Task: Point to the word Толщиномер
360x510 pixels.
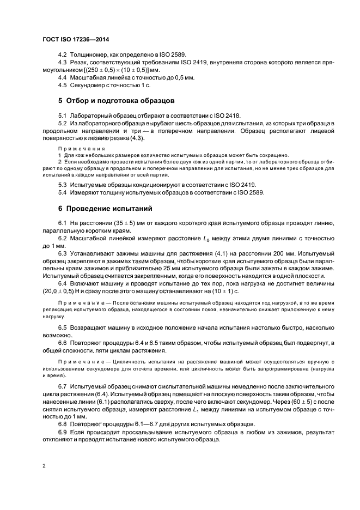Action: click(x=90, y=56)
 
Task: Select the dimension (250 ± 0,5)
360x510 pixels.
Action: click(x=107, y=71)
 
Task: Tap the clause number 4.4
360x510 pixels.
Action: click(x=63, y=78)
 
